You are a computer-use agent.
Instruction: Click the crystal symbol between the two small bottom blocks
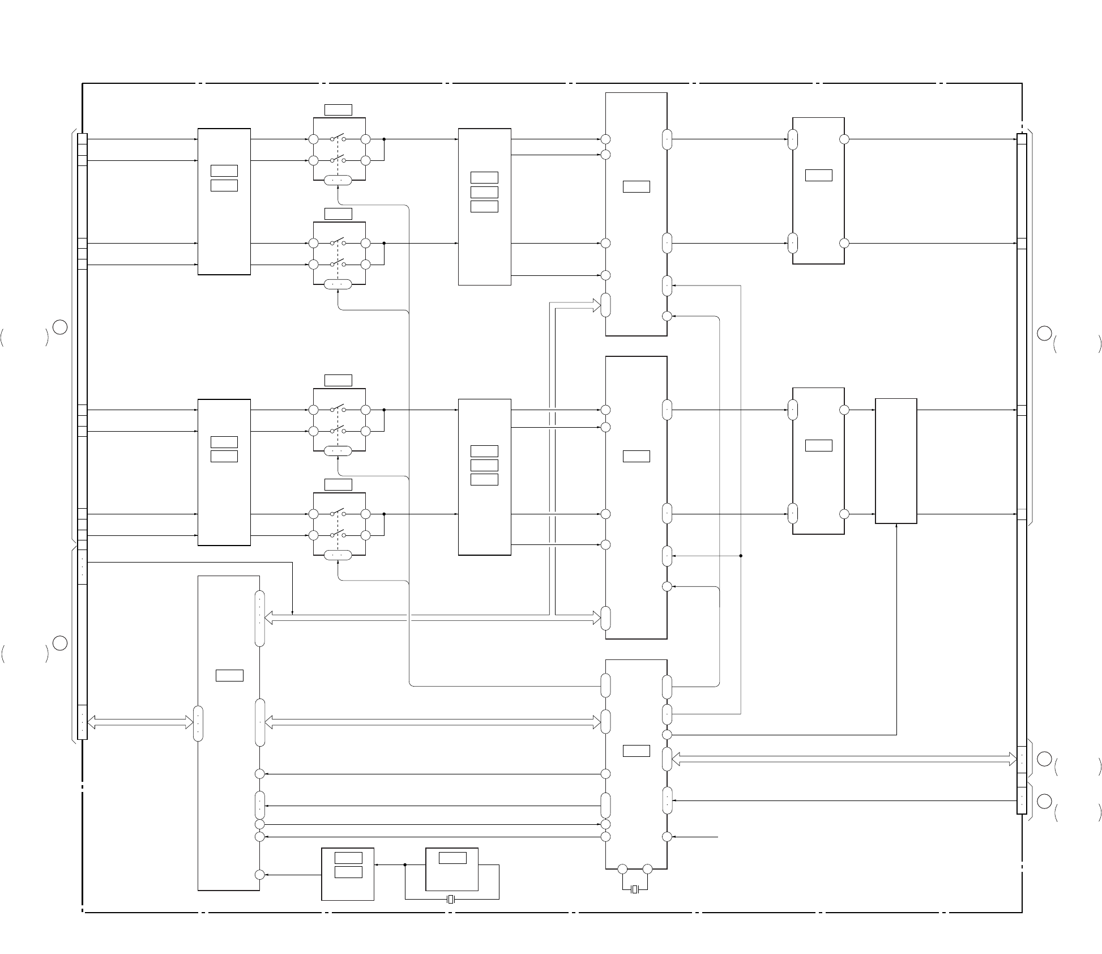pos(451,899)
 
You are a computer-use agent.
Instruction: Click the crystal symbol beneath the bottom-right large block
pos(635,889)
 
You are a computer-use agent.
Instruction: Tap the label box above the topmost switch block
pos(338,110)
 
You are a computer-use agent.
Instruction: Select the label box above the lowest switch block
pos(338,484)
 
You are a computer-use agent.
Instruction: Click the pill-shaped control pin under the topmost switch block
pos(338,180)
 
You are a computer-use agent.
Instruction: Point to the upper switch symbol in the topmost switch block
pos(338,138)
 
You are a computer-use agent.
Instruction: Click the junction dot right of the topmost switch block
pos(384,139)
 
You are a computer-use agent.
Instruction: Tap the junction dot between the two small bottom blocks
pos(405,864)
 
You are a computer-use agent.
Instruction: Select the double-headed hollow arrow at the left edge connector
pos(140,722)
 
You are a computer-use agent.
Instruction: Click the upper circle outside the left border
pos(61,327)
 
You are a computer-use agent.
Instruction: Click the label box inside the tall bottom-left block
pos(229,675)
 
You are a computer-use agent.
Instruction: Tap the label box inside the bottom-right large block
pos(636,751)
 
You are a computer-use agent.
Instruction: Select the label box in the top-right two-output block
pos(818,175)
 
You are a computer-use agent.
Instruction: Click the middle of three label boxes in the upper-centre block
pos(484,192)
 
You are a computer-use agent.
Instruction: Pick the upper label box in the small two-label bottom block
pos(348,858)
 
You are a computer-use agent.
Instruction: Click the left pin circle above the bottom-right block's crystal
pos(622,869)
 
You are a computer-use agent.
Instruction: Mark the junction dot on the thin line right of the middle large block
pos(741,556)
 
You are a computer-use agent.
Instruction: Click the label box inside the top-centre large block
pos(636,186)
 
